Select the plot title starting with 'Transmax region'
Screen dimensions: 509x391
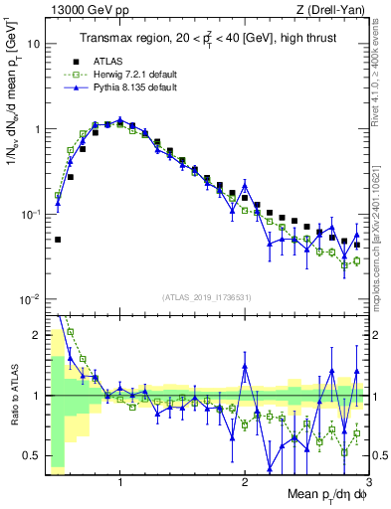click(x=202, y=38)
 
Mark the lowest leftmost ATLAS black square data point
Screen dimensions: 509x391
click(x=58, y=240)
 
